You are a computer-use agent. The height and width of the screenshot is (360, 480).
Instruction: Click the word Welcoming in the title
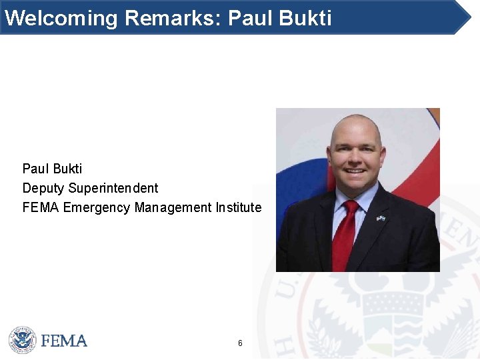61,17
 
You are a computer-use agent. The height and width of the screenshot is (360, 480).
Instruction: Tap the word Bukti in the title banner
306,17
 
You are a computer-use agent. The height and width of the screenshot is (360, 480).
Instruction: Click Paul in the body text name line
35,169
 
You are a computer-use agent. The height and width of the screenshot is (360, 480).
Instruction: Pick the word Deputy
43,189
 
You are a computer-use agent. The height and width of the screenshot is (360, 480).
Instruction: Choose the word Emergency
97,208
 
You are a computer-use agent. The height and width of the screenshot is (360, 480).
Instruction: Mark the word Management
173,208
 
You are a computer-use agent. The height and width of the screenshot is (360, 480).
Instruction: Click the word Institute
239,208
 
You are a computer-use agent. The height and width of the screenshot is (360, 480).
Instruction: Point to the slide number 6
240,343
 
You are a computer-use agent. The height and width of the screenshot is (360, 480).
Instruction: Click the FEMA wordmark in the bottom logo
64,341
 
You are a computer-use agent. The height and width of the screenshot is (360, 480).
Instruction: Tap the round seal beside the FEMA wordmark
22,340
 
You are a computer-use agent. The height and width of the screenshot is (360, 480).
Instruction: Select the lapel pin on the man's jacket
380,218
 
